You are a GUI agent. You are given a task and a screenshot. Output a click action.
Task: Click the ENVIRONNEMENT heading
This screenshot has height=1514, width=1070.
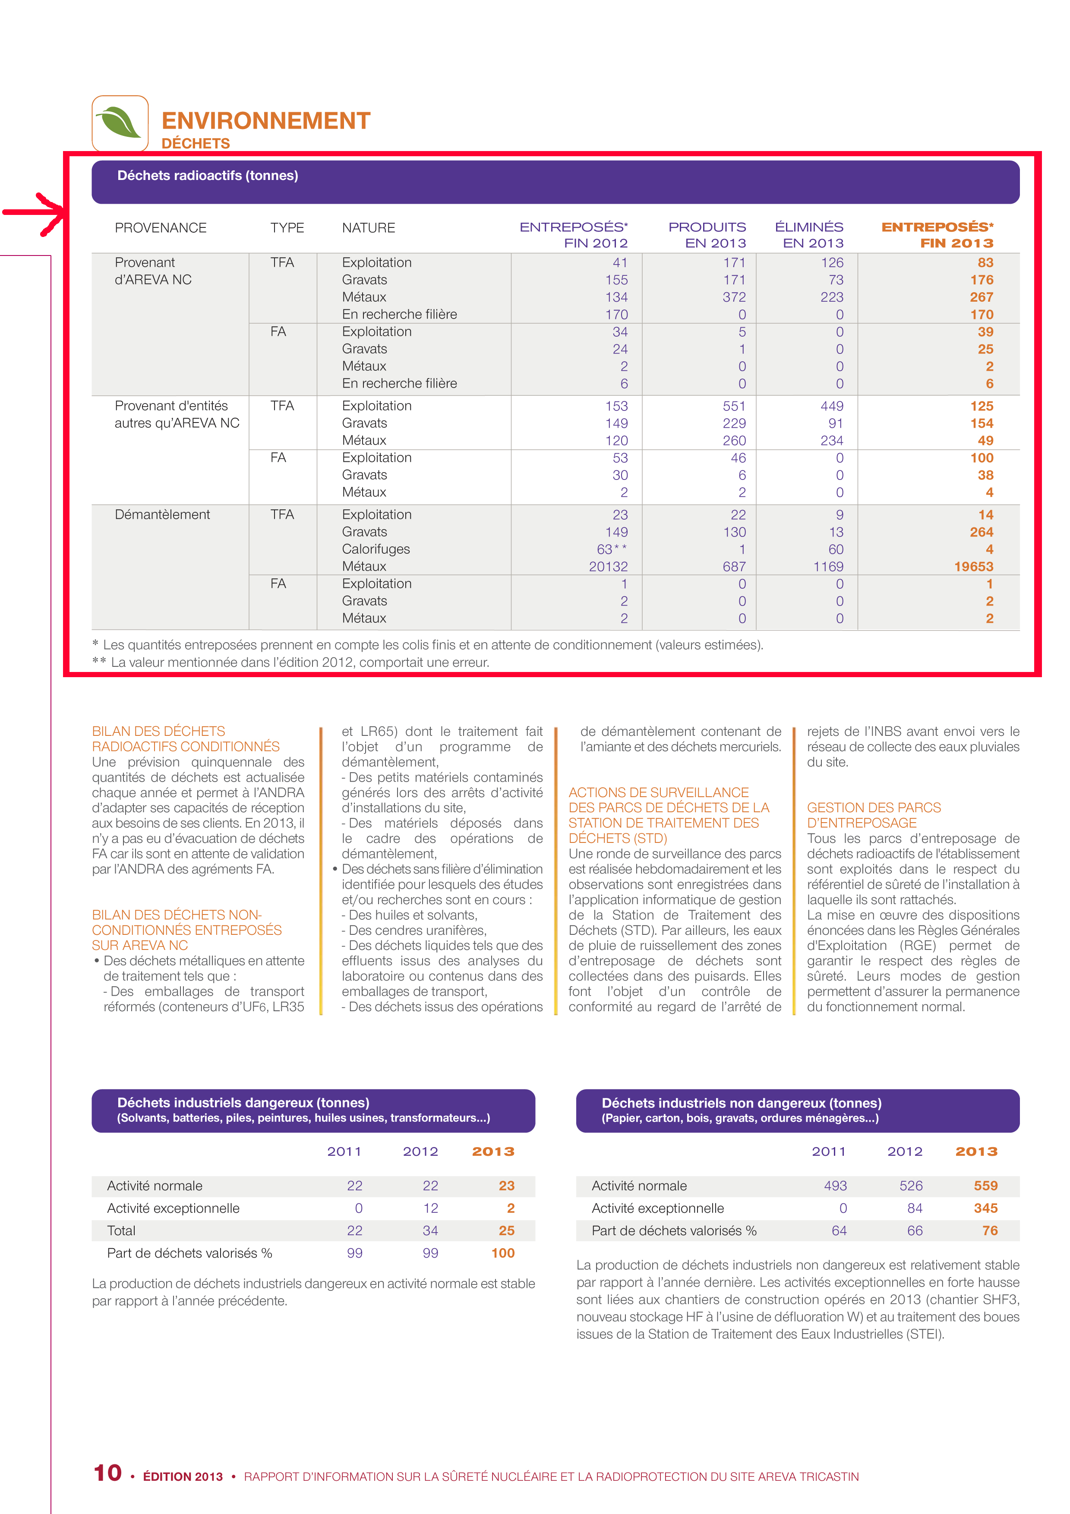pyautogui.click(x=266, y=121)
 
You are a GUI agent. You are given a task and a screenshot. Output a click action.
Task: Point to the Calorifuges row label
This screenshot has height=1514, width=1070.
pyautogui.click(x=376, y=549)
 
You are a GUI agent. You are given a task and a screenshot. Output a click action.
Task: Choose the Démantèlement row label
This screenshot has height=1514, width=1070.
pyautogui.click(x=162, y=514)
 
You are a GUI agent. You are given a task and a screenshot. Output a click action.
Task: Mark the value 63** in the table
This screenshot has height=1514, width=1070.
pyautogui.click(x=612, y=549)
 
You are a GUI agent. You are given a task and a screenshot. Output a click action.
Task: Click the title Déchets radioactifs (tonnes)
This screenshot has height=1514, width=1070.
pyautogui.click(x=208, y=175)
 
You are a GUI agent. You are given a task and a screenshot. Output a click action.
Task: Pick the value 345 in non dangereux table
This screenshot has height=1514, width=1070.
pyautogui.click(x=985, y=1208)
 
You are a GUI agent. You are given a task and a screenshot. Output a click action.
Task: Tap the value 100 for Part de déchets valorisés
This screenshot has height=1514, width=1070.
pyautogui.click(x=502, y=1253)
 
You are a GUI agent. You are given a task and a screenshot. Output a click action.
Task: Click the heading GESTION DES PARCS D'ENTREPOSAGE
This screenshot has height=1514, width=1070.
pyautogui.click(x=874, y=815)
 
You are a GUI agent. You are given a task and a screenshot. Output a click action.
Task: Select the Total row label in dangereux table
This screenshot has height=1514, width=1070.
pyautogui.click(x=121, y=1230)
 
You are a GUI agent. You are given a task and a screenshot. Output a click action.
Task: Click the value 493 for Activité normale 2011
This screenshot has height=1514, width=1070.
pyautogui.click(x=835, y=1186)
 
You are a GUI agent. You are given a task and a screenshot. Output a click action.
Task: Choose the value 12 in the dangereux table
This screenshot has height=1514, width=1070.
pyautogui.click(x=430, y=1208)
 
